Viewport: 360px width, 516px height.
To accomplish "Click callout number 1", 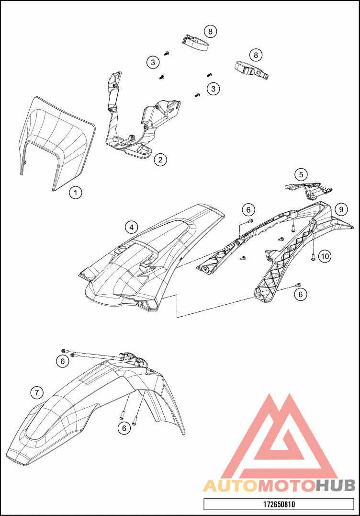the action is click(75, 193).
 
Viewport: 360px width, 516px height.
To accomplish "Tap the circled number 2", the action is click(160, 160).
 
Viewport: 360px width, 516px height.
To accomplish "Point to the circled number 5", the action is click(301, 174).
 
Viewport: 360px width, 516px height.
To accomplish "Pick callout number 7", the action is click(36, 393).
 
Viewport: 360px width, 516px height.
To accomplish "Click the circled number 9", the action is click(340, 209).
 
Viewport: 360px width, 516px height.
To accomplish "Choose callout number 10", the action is click(325, 256).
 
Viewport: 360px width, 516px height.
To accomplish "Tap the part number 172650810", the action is click(279, 505).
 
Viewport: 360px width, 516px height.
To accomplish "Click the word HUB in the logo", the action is click(335, 486).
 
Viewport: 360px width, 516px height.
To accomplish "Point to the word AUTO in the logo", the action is click(230, 486).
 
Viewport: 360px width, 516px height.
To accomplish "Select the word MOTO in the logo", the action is click(286, 486).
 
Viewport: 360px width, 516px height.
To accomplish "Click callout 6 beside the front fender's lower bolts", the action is click(124, 428).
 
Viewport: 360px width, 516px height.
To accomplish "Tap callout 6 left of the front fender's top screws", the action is click(63, 361).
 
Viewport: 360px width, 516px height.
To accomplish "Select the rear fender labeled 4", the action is click(153, 259).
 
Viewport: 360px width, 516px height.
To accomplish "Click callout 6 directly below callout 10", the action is click(301, 294).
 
